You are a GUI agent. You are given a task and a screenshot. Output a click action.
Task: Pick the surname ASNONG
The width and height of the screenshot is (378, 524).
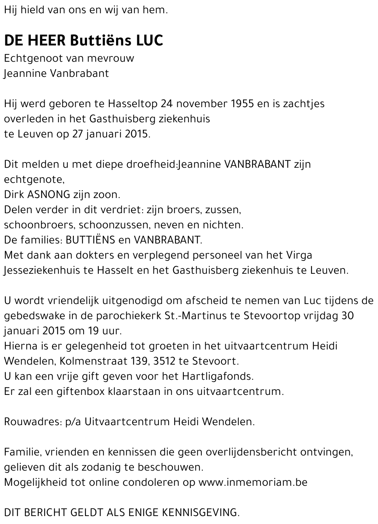49,195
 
